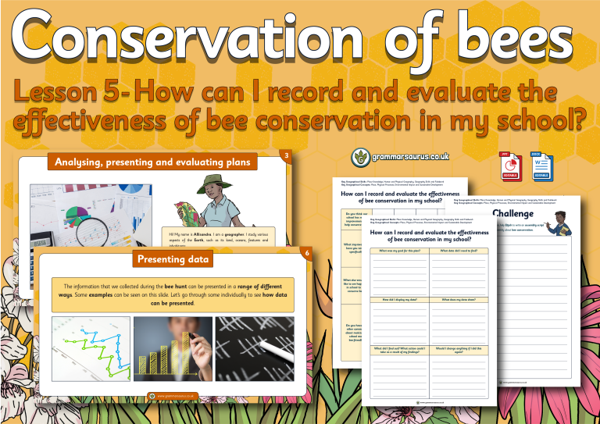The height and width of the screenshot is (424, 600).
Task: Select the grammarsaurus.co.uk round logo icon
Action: (x=360, y=156)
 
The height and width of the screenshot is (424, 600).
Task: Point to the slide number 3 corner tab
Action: (x=287, y=157)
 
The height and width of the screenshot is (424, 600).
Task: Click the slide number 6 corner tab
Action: (x=309, y=254)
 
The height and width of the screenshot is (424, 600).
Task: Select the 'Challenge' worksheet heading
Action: (x=512, y=214)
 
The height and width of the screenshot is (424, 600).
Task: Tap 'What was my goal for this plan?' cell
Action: (x=399, y=250)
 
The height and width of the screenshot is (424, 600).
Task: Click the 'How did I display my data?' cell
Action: (x=399, y=299)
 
